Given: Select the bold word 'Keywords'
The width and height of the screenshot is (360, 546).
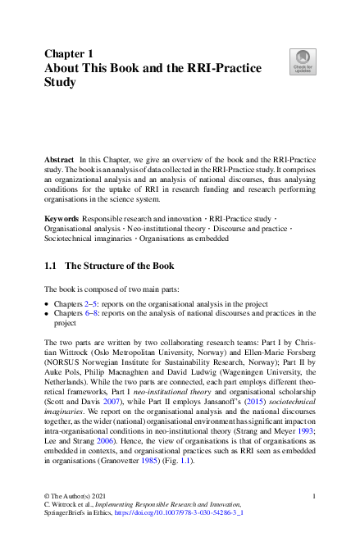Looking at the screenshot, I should (x=62, y=219).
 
